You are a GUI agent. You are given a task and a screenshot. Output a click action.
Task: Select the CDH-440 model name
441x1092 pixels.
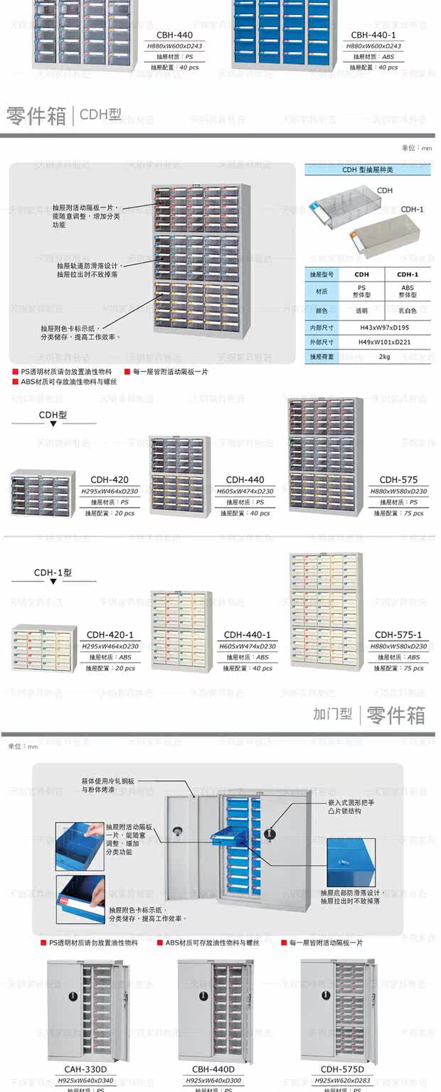pyautogui.click(x=245, y=480)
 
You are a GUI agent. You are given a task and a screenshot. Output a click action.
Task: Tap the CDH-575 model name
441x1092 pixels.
pyautogui.click(x=398, y=480)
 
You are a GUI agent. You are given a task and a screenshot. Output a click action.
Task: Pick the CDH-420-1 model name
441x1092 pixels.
pyautogui.click(x=110, y=634)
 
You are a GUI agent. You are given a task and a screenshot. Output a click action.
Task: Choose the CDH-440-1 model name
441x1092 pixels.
pyautogui.click(x=247, y=634)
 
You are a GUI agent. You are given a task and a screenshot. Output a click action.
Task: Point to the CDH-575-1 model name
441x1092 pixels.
pyautogui.click(x=398, y=634)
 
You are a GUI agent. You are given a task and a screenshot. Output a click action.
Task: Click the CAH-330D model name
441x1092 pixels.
pyautogui.click(x=85, y=1069)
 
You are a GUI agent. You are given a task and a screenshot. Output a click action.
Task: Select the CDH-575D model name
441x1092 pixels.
pyautogui.click(x=342, y=1069)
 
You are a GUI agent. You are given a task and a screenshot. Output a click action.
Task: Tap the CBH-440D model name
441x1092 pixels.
pyautogui.click(x=213, y=1069)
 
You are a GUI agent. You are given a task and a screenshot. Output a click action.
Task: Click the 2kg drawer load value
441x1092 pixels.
pyautogui.click(x=385, y=356)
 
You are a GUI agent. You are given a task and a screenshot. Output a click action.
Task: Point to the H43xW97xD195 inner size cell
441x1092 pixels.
pyautogui.click(x=385, y=328)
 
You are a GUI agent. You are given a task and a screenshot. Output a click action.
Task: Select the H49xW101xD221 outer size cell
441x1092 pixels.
pyautogui.click(x=385, y=342)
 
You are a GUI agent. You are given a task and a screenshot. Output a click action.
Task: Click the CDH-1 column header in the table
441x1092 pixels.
pyautogui.click(x=408, y=274)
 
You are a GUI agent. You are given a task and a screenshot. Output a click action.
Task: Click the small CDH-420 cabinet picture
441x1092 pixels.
pyautogui.click(x=43, y=492)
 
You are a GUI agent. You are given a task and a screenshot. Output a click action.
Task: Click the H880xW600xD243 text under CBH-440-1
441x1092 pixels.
pyautogui.click(x=373, y=46)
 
